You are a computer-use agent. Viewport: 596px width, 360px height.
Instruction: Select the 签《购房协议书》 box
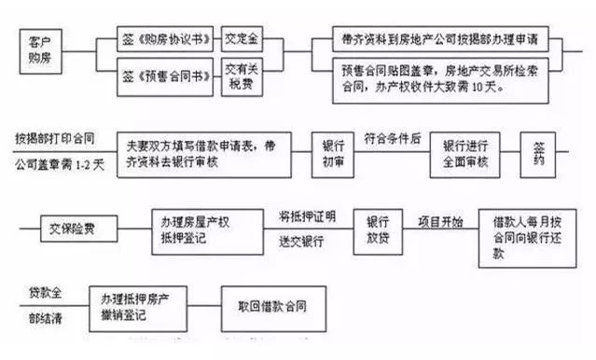click(167, 40)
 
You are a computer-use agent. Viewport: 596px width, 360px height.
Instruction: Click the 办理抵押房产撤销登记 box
click(137, 304)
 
